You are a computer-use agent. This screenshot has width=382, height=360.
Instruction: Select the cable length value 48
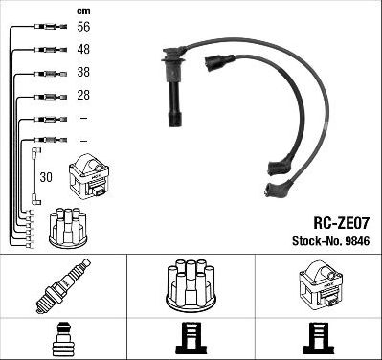[x=83, y=51]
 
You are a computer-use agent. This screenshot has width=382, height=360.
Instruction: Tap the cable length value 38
[x=83, y=73]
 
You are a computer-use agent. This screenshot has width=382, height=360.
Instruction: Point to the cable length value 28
[x=83, y=95]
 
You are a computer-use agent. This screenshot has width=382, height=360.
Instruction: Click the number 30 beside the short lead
[x=45, y=177]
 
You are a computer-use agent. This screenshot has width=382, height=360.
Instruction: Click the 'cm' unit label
[x=81, y=11]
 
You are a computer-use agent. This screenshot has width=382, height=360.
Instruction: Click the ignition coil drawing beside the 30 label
[x=88, y=177]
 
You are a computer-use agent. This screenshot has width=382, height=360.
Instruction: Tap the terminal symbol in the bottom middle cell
[x=190, y=337]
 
